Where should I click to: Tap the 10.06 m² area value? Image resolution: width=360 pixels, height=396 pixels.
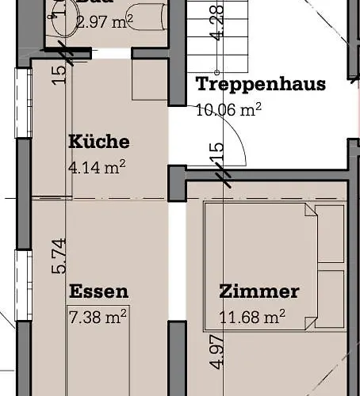coord(229,109)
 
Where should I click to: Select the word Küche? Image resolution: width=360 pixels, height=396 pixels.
coord(98,143)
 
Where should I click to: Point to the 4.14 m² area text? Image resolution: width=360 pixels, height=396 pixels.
coord(98,166)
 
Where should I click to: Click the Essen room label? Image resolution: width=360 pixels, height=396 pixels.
coord(98,291)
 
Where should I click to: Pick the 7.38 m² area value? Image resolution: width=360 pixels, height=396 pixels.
coord(98,317)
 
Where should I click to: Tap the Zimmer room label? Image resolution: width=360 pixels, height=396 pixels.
coord(259,291)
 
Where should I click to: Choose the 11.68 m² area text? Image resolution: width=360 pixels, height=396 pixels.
coord(252,318)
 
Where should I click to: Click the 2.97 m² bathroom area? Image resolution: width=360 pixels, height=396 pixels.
coord(104,21)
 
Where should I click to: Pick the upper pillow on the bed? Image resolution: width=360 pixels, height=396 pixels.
coord(330,235)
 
